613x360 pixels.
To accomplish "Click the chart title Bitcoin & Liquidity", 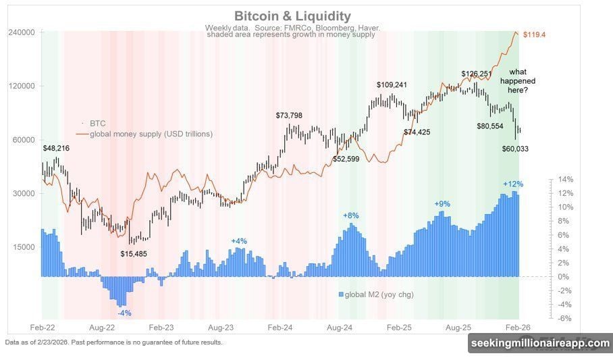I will [292, 16].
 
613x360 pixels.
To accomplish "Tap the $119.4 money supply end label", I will [534, 34].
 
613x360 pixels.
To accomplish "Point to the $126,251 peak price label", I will [478, 74].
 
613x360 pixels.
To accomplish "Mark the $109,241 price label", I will [392, 85].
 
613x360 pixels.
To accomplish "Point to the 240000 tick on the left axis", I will [21, 32].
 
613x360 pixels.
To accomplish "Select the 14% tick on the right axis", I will [565, 180].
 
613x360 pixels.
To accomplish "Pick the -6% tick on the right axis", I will [564, 318].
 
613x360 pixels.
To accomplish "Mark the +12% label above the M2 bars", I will [513, 184].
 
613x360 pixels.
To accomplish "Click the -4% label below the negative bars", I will [124, 313].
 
